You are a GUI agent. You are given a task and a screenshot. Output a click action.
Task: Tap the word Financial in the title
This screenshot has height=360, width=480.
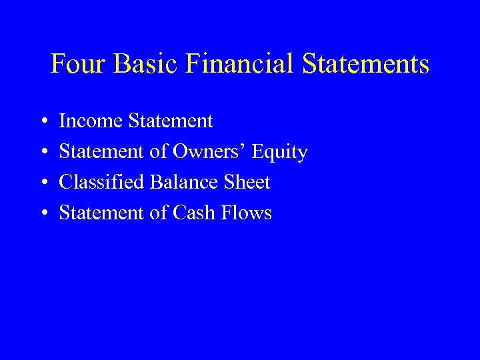coord(241,65)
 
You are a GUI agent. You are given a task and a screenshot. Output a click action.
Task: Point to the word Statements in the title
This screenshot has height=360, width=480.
coord(366,65)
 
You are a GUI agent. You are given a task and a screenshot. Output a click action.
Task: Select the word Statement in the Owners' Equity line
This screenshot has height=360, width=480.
coord(102,152)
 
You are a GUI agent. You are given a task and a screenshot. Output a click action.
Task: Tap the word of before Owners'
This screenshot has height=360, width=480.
coord(159,152)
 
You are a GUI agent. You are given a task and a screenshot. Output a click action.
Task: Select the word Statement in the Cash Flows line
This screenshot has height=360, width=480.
coord(102,213)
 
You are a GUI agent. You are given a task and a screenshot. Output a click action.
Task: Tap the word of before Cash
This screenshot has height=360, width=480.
coord(159,213)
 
